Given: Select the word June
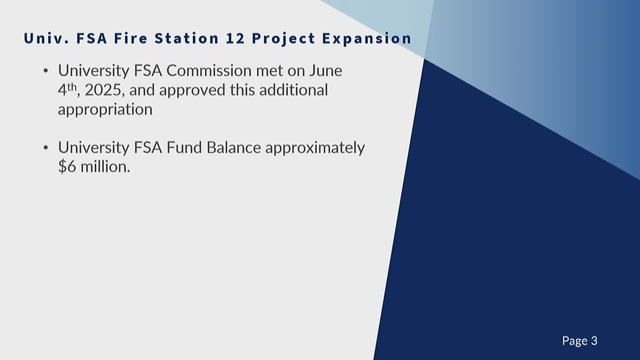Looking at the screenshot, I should [x=325, y=70].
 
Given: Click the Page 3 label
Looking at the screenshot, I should [x=579, y=341].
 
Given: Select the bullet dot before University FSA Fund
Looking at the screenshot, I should [x=46, y=148].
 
